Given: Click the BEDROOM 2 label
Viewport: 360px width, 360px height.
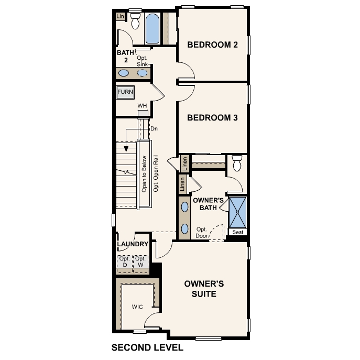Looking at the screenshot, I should click(213, 45).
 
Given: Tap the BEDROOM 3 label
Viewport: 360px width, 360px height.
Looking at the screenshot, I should click(213, 118).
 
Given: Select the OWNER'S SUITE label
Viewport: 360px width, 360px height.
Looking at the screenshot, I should click(204, 289).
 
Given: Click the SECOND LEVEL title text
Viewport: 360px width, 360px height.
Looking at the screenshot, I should click(147, 347).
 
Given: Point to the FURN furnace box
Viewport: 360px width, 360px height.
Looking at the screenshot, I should click(125, 92).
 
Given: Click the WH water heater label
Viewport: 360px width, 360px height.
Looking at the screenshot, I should click(142, 106).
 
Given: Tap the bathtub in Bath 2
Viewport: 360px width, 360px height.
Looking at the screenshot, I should click(152, 29).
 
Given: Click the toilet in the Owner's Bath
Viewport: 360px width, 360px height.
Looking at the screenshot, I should click(236, 164).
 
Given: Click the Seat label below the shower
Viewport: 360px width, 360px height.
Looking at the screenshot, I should click(237, 232).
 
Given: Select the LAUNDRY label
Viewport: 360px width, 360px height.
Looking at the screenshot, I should click(133, 244).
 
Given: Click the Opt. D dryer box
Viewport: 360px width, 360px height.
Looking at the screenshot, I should click(125, 262).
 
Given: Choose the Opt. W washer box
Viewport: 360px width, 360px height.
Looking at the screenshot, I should click(140, 262).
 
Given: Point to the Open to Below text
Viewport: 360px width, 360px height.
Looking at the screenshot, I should click(144, 174).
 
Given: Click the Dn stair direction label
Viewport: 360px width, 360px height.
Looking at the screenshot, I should click(154, 128).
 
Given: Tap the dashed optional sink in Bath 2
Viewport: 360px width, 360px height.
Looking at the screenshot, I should click(143, 73).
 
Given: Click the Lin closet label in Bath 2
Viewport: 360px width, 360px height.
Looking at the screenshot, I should click(121, 17).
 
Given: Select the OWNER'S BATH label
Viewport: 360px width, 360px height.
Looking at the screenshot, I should click(208, 204).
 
